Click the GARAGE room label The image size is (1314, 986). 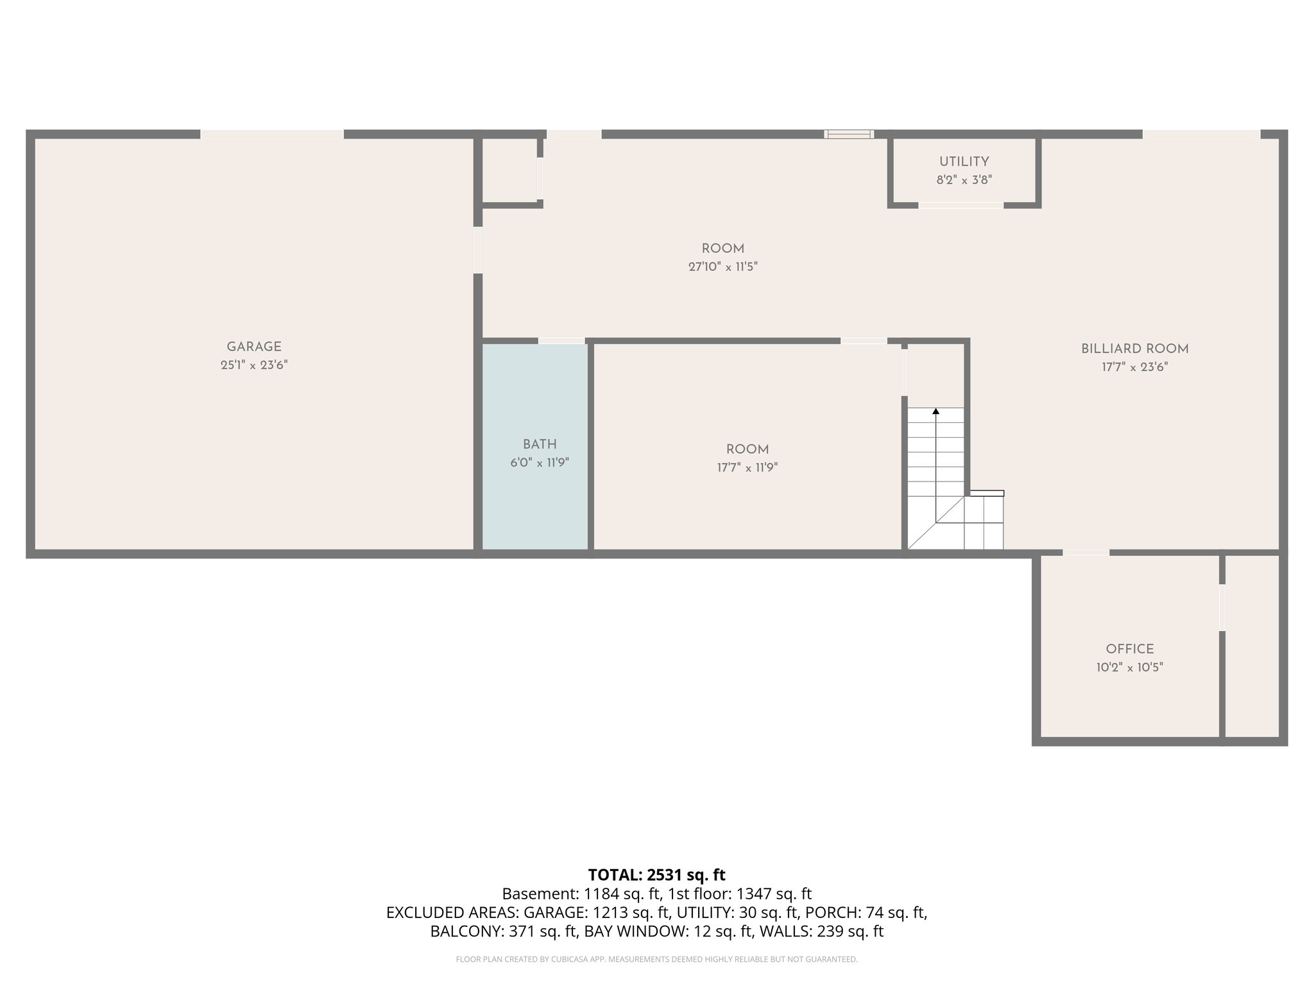pyautogui.click(x=254, y=347)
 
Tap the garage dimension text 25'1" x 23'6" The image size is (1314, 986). pyautogui.click(x=254, y=365)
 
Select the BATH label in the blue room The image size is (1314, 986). pyautogui.click(x=540, y=444)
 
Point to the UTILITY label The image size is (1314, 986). pyautogui.click(x=964, y=162)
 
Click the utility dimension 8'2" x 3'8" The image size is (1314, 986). pyautogui.click(x=964, y=180)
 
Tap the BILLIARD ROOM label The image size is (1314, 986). pyautogui.click(x=1134, y=349)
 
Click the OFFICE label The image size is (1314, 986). pyautogui.click(x=1129, y=649)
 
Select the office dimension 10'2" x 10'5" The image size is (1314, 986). pyautogui.click(x=1129, y=668)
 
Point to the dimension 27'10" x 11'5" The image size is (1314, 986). pyautogui.click(x=722, y=267)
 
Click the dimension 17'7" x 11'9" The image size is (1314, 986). pyautogui.click(x=747, y=468)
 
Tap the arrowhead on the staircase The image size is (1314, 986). pyautogui.click(x=935, y=411)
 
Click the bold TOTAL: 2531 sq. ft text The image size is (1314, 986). pyautogui.click(x=656, y=875)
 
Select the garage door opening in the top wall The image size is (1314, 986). pyautogui.click(x=272, y=134)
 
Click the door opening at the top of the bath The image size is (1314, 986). pyautogui.click(x=561, y=340)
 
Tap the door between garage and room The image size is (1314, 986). pyautogui.click(x=478, y=250)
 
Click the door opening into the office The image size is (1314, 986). pyautogui.click(x=1086, y=553)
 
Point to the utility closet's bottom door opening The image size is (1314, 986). pyautogui.click(x=960, y=205)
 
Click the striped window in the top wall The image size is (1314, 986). pyautogui.click(x=849, y=134)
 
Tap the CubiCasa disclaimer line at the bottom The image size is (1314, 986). pyautogui.click(x=656, y=960)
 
